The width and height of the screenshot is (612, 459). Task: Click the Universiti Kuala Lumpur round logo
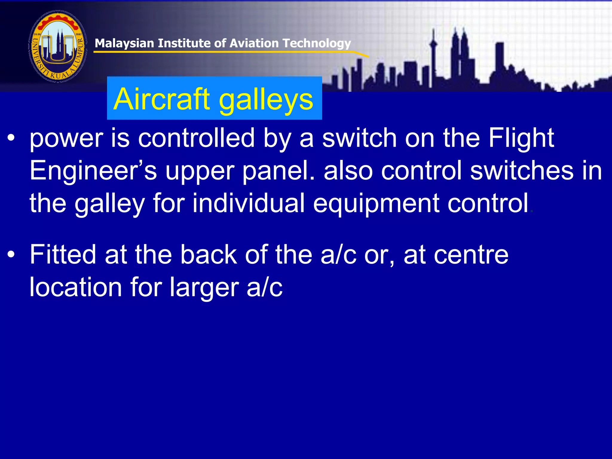point(58,46)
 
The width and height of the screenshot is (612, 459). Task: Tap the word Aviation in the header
point(254,43)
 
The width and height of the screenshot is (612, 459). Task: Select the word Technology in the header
point(317,44)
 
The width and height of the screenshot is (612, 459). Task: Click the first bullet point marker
point(11,138)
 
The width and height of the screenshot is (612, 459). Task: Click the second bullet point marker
point(11,255)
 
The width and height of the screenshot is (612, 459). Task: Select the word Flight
point(521,138)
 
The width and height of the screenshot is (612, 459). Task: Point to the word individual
point(248,203)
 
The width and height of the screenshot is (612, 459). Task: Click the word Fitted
point(63,255)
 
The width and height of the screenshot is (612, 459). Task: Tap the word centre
point(471,255)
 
